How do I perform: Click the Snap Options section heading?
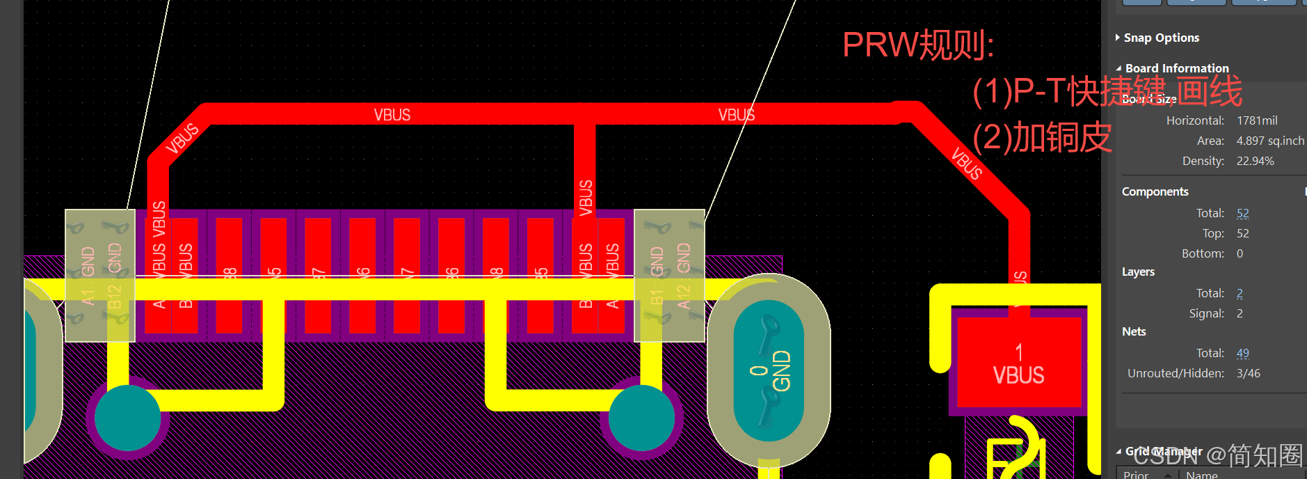click(1161, 38)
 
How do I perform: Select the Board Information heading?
click(1177, 68)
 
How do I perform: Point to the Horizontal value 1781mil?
click(1257, 120)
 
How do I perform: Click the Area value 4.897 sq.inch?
click(1270, 141)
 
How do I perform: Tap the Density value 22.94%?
click(1255, 161)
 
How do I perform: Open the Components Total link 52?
click(1242, 213)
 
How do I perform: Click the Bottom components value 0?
click(1240, 253)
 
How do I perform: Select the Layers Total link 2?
click(1240, 293)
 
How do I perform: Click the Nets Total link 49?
click(1242, 353)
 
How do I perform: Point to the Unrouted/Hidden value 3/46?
click(1248, 373)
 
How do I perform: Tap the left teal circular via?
click(127, 418)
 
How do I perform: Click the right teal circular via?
click(641, 418)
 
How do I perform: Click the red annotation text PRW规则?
click(917, 45)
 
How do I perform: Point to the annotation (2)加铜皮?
click(1041, 137)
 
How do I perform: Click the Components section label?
click(1155, 191)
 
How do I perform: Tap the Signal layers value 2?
click(1240, 313)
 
